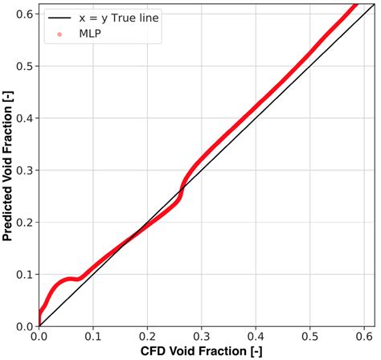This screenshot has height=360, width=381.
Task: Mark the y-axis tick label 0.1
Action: tap(24, 275)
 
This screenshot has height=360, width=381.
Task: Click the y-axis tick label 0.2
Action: tap(24, 223)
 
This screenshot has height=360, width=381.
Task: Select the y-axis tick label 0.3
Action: tap(24, 170)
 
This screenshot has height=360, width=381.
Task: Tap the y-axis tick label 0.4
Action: tap(24, 118)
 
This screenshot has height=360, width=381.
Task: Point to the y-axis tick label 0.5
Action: tap(24, 66)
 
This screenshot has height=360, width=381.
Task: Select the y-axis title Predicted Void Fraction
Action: tap(7, 165)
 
